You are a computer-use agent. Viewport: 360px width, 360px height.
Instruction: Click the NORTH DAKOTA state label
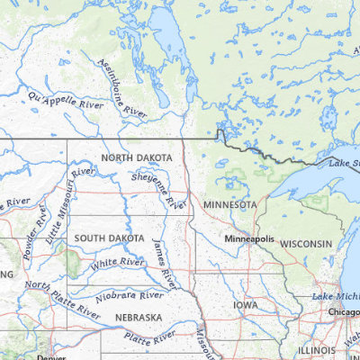(137, 157)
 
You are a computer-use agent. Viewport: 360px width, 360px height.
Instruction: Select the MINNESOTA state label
(229, 205)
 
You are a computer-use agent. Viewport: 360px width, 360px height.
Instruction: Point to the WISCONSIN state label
(305, 244)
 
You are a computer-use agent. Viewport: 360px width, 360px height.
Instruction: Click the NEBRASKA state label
(138, 318)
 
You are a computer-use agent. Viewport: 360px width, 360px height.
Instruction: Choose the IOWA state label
(245, 305)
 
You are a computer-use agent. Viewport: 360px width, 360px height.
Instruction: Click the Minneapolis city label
(250, 239)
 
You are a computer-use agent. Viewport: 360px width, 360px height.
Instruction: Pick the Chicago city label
(344, 311)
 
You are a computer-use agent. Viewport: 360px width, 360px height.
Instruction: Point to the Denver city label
(51, 357)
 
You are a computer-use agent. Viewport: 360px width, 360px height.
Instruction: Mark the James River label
(166, 264)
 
